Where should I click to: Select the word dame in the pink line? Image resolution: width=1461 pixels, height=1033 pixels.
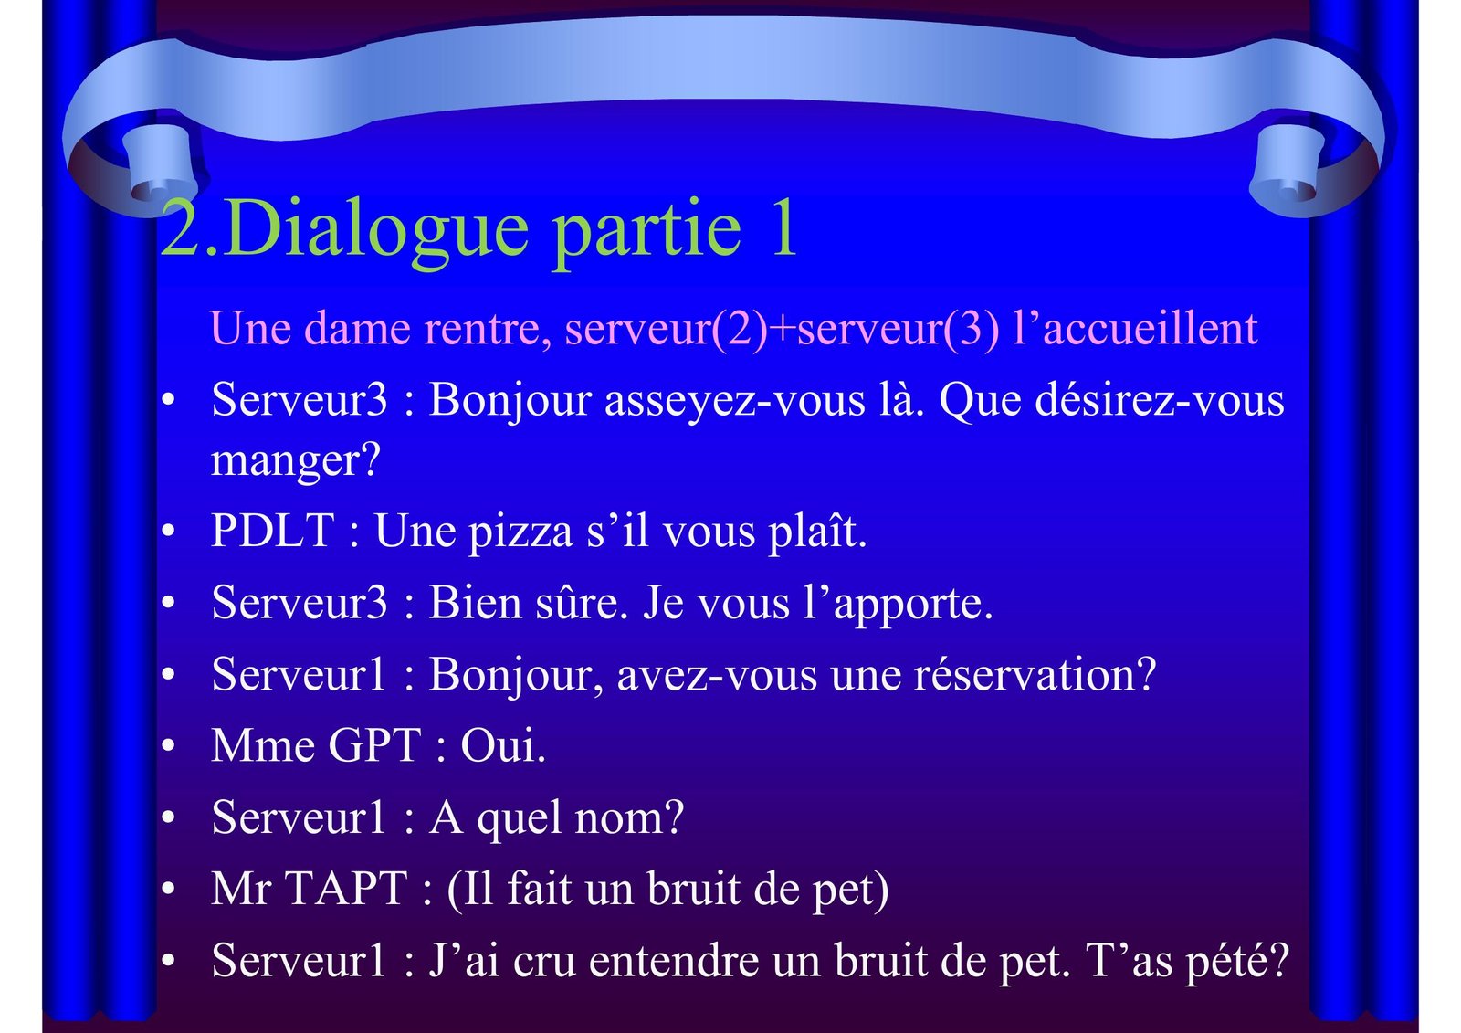357,328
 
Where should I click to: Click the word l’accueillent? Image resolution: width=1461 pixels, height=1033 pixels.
1135,328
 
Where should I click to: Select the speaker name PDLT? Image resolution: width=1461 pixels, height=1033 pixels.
273,530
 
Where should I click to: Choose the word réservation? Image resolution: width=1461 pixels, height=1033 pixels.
1035,675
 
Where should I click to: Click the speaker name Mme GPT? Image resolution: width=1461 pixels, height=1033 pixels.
316,745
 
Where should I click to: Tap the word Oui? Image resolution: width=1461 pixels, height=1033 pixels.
503,745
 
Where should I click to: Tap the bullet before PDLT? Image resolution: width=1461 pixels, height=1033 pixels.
168,531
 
